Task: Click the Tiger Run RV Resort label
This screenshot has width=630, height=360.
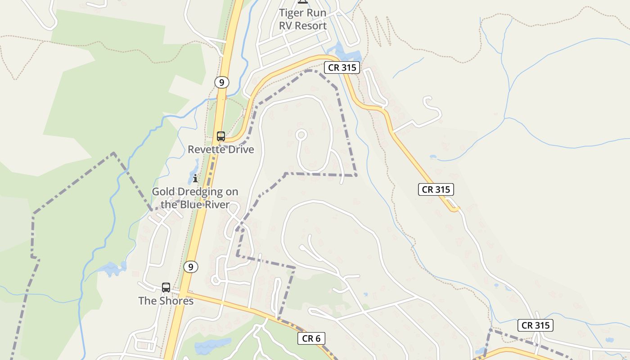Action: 302,19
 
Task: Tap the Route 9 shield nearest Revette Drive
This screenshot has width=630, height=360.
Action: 221,82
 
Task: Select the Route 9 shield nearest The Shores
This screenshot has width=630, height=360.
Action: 191,267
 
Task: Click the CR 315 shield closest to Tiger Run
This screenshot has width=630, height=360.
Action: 342,68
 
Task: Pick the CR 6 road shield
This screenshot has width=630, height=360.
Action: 311,338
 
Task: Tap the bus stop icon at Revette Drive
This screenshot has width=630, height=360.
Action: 220,136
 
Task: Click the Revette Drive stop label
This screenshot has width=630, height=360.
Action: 220,149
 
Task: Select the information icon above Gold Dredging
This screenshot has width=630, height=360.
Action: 195,179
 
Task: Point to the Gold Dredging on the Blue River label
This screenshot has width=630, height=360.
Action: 195,198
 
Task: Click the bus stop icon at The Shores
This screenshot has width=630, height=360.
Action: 166,287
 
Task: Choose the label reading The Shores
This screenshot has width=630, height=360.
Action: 166,301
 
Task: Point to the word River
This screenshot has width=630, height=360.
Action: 216,205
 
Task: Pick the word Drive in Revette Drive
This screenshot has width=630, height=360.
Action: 239,149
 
